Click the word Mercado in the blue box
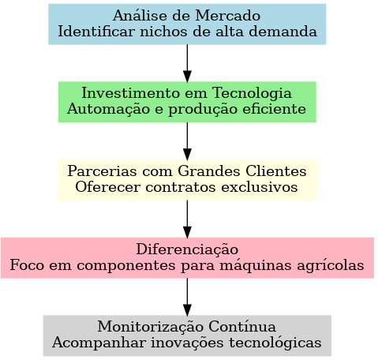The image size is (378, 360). pos(228,16)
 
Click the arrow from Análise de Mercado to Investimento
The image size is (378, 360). pos(187,63)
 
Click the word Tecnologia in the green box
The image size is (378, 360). pos(252,94)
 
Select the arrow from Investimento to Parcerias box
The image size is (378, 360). pos(187,141)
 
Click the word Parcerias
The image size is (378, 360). pos(102,171)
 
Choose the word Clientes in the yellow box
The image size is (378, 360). pos(276,171)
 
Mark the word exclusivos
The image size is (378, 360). pos(260,187)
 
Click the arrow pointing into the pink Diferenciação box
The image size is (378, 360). pos(187,219)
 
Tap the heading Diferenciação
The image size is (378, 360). pos(187,249)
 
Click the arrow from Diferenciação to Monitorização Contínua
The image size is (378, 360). pos(187,297)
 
